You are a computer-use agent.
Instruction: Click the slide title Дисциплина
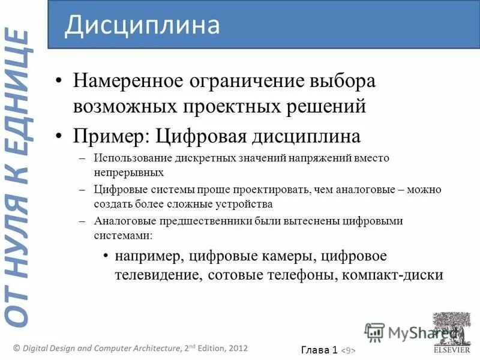point(142,25)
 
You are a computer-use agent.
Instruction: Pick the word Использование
point(133,158)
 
